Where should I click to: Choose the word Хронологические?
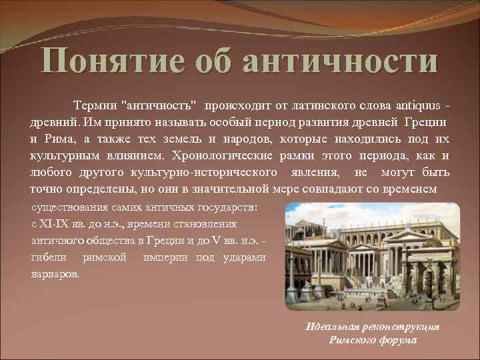click(x=220, y=156)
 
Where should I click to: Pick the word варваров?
click(x=55, y=273)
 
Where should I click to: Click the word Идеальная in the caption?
click(x=335, y=327)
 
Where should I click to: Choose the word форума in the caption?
click(x=397, y=339)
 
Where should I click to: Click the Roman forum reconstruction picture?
click(x=372, y=256)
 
